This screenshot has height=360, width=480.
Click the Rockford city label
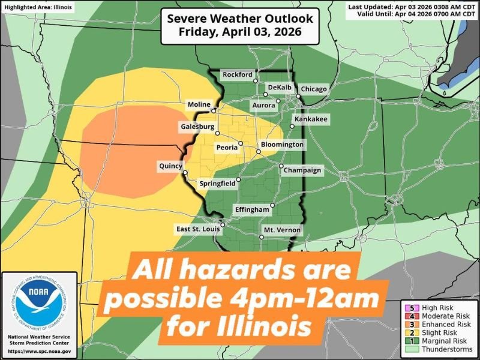point(238,75)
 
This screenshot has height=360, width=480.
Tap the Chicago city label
point(314,89)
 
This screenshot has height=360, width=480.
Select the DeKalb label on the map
point(279,88)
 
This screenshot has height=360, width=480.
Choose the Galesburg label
point(197,127)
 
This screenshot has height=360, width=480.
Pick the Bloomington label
point(282,145)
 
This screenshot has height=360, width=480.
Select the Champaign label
point(303,170)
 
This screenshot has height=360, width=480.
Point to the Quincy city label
point(170,166)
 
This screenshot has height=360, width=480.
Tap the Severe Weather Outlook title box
point(240,25)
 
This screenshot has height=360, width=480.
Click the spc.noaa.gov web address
point(40,350)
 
